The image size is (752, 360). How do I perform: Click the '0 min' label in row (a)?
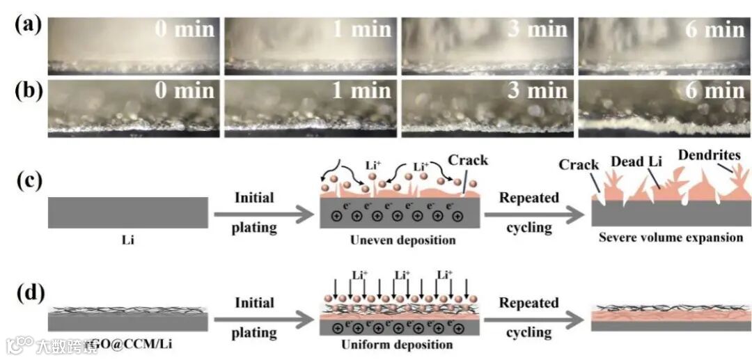[184, 29]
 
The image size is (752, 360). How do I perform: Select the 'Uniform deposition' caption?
[398, 345]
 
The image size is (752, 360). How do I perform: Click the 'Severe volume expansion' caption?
[671, 237]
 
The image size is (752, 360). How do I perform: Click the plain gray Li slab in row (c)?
[127, 212]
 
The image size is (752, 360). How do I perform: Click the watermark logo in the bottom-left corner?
[20, 345]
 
